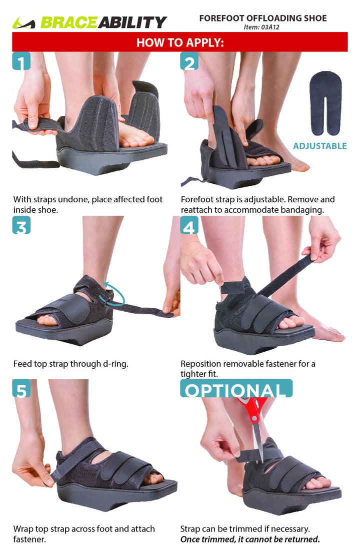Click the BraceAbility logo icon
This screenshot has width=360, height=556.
click(x=24, y=23)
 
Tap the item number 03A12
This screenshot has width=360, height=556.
click(x=270, y=27)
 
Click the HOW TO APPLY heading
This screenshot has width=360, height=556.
click(x=180, y=42)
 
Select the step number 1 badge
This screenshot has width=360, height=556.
click(x=21, y=61)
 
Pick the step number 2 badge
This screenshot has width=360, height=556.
click(x=189, y=61)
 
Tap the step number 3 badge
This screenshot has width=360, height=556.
click(x=21, y=225)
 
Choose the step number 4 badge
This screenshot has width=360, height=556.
click(x=189, y=225)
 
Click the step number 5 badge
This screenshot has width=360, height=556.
click(x=21, y=388)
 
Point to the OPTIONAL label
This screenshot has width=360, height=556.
click(x=236, y=389)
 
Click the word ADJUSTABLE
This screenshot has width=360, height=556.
click(x=320, y=146)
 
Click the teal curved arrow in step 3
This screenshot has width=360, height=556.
click(x=113, y=293)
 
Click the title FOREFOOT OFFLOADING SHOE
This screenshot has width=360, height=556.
click(x=263, y=18)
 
